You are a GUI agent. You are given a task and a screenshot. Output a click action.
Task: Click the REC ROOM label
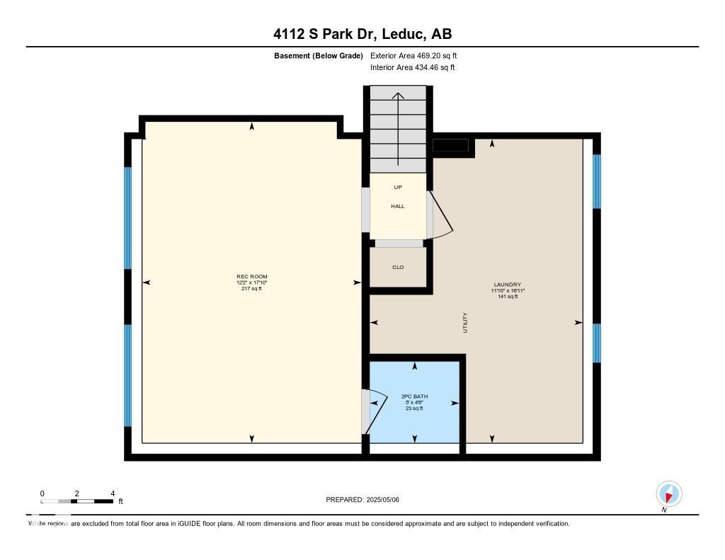click(252, 277)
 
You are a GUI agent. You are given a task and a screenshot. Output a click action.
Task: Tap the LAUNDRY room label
click(507, 285)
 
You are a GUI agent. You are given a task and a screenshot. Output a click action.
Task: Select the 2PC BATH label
click(414, 396)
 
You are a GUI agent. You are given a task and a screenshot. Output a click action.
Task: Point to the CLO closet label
click(398, 268)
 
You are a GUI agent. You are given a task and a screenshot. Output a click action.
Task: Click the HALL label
click(398, 206)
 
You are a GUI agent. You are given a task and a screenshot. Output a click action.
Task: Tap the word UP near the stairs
click(398, 188)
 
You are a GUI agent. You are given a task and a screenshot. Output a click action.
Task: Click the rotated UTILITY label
click(465, 323)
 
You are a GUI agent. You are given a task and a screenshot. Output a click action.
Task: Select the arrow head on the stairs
click(398, 96)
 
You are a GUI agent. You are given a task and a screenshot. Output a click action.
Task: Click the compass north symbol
click(668, 494)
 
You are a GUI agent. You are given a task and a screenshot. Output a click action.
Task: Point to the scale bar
click(76, 501)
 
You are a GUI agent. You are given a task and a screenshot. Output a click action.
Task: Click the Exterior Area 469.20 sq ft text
click(413, 55)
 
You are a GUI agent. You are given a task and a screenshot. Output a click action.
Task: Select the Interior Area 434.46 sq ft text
click(413, 67)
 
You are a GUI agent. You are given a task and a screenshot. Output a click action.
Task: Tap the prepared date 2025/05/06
click(382, 500)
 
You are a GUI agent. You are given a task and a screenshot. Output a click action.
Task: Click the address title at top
click(362, 34)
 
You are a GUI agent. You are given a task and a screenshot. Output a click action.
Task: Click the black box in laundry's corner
click(450, 145)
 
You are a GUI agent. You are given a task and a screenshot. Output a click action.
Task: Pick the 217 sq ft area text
click(251, 289)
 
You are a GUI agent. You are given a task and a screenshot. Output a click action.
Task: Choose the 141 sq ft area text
click(507, 297)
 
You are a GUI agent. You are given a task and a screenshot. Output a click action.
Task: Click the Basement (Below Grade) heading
click(319, 56)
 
